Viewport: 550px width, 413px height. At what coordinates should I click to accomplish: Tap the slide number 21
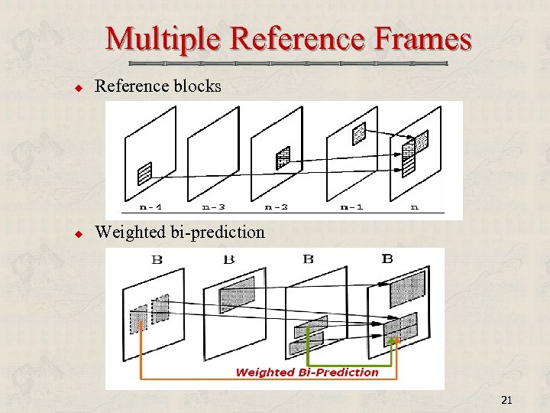(x=506, y=400)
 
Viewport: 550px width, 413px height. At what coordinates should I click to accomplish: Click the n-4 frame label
(x=150, y=206)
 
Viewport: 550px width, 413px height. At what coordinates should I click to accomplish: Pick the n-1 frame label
(x=351, y=206)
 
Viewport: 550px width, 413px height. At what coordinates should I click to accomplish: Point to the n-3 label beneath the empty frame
(x=213, y=206)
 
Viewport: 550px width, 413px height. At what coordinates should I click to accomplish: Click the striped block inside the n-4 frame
(x=144, y=174)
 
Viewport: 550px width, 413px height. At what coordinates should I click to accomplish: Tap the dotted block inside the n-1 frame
(x=359, y=134)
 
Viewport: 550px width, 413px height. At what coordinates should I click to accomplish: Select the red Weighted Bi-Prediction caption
(x=307, y=372)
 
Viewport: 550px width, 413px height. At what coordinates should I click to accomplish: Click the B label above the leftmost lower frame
(x=157, y=259)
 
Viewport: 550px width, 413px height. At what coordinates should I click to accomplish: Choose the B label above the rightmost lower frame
(x=387, y=259)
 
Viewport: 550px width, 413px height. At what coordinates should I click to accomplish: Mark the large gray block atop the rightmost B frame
(x=406, y=288)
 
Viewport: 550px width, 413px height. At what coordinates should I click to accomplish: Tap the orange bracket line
(x=140, y=359)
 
